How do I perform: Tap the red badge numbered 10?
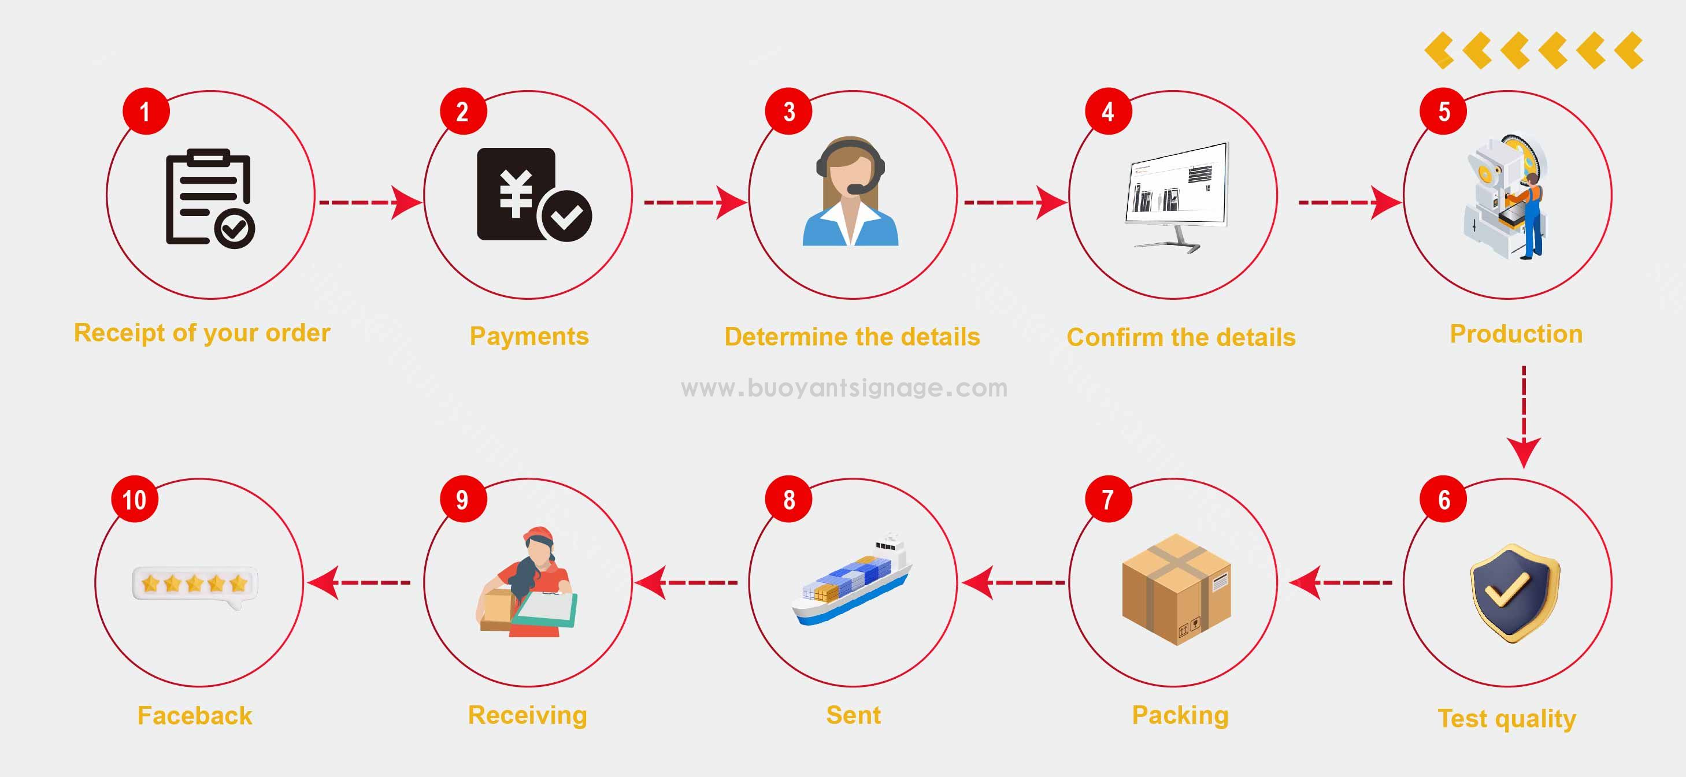point(134,500)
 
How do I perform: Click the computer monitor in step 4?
point(1176,189)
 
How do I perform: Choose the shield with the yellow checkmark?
point(1514,593)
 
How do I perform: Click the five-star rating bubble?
point(195,583)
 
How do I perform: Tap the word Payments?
point(529,336)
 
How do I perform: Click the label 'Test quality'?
point(1507,718)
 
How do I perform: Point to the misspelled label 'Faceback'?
point(194,716)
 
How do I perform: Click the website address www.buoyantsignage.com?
point(844,388)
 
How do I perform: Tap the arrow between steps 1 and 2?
point(370,202)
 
